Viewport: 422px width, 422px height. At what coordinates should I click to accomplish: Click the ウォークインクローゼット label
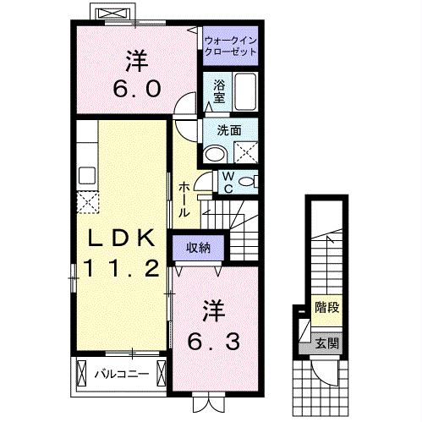pos(230,44)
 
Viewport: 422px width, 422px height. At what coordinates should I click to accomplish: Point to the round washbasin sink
pos(216,153)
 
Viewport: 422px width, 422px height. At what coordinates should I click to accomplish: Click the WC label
pos(227,180)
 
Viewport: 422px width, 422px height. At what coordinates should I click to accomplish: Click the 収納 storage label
pos(199,248)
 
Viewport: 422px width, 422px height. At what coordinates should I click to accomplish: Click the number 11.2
pos(118,270)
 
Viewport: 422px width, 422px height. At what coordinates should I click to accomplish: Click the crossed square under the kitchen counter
pos(86,201)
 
